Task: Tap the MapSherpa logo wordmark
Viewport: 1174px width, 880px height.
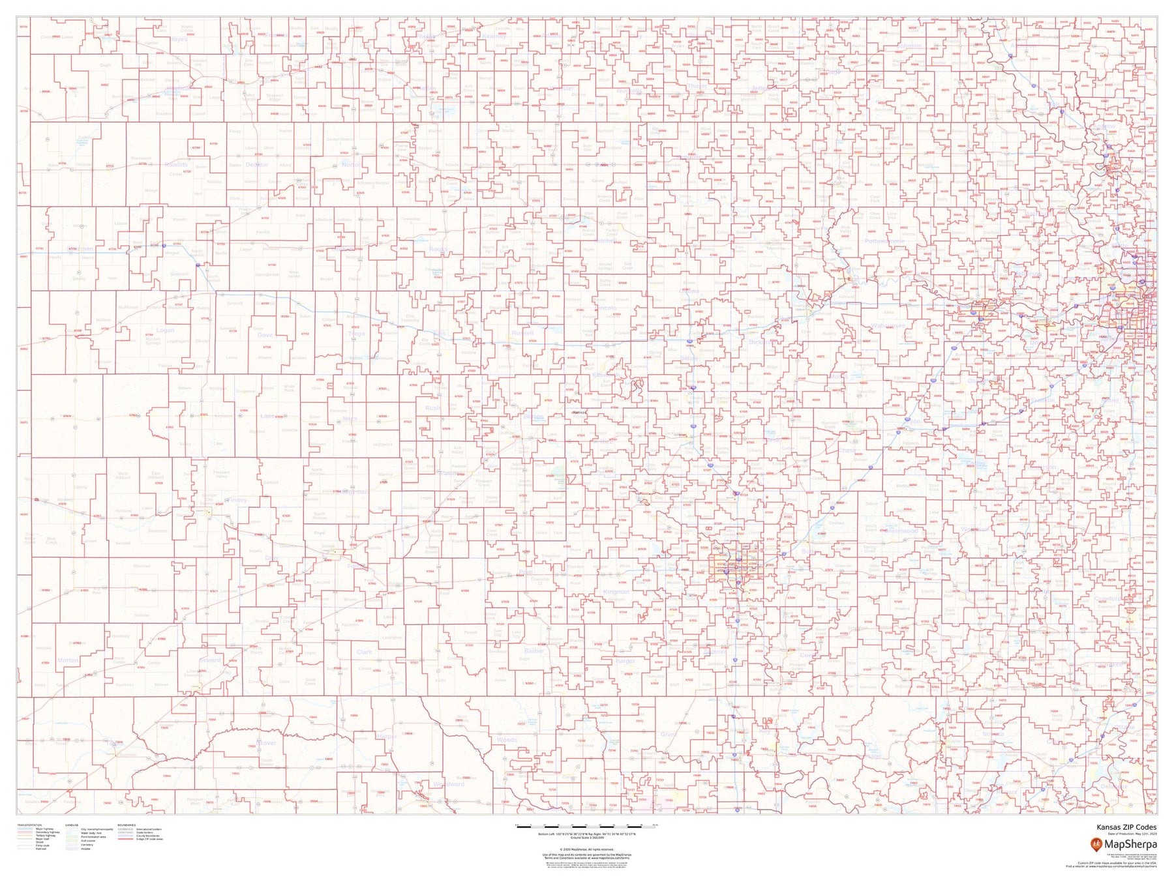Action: (x=1130, y=845)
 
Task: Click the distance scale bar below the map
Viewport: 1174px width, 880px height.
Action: (x=587, y=826)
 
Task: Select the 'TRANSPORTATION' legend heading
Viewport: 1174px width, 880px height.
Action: (x=30, y=825)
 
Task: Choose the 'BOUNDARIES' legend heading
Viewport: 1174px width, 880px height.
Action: (x=127, y=825)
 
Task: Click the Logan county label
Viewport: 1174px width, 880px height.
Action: (x=165, y=330)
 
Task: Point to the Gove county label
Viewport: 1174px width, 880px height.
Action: (x=265, y=334)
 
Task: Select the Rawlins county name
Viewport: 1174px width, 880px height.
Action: (x=176, y=165)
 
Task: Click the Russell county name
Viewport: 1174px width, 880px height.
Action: (x=522, y=332)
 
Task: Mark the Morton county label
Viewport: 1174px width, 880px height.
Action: (x=68, y=660)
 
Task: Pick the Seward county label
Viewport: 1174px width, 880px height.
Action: (x=210, y=660)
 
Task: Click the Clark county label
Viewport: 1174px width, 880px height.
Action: (x=364, y=652)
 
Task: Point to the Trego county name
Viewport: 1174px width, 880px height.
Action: (x=356, y=334)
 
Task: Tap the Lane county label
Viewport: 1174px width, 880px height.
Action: (x=267, y=416)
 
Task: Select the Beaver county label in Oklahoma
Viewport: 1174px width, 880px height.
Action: (x=266, y=742)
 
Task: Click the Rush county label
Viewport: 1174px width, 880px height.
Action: (x=432, y=408)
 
